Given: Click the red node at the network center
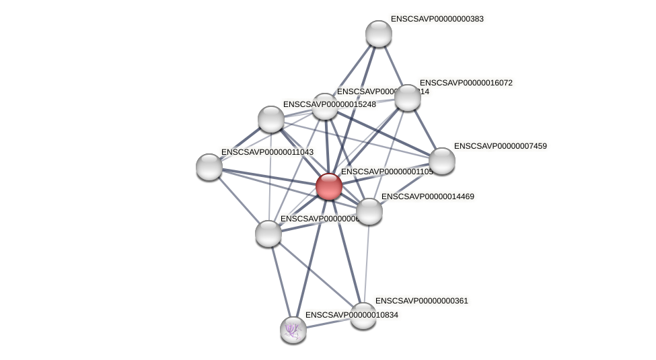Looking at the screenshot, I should pyautogui.click(x=328, y=186).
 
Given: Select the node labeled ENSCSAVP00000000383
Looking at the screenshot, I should pyautogui.click(x=378, y=34).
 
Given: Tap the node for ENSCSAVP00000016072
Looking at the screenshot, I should pyautogui.click(x=407, y=98).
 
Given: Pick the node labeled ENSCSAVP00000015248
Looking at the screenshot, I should pyautogui.click(x=271, y=119).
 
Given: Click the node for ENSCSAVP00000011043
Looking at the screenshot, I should pyautogui.click(x=209, y=167).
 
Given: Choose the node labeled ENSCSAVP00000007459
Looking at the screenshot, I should pyautogui.click(x=441, y=161).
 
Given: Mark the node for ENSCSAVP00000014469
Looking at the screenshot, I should pyautogui.click(x=369, y=211).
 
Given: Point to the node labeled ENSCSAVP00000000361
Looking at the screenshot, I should pyautogui.click(x=363, y=316).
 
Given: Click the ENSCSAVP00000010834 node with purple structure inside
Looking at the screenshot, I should pyautogui.click(x=293, y=330).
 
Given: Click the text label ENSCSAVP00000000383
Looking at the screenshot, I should pyautogui.click(x=437, y=19).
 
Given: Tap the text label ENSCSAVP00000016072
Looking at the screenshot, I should pyautogui.click(x=466, y=83).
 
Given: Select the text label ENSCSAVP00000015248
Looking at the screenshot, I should pyautogui.click(x=329, y=104).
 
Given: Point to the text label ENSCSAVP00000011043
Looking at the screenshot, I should pyautogui.click(x=267, y=152).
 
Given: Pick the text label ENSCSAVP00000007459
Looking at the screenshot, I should pyautogui.click(x=500, y=146).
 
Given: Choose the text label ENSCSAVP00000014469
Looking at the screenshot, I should pyautogui.click(x=427, y=196).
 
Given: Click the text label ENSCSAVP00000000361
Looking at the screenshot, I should pyautogui.click(x=421, y=301).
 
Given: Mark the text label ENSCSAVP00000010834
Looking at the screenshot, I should pyautogui.click(x=351, y=315).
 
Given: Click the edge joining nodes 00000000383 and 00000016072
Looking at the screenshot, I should pyautogui.click(x=393, y=66).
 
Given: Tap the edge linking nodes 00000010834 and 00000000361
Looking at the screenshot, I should pyautogui.click(x=328, y=323).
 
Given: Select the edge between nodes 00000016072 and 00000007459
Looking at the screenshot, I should pyautogui.click(x=425, y=129).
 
